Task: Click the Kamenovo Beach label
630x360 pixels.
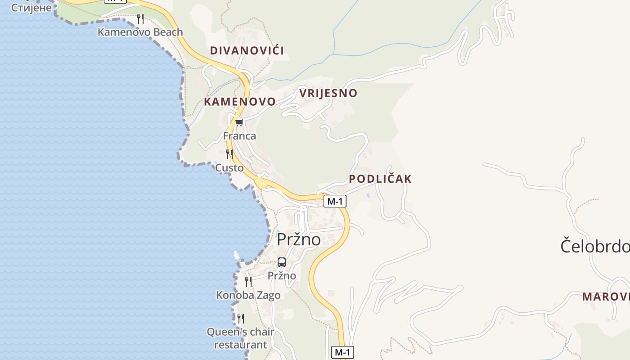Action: coord(140,32)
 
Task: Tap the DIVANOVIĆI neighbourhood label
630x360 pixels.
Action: coord(247,50)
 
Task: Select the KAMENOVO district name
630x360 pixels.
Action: coord(239,102)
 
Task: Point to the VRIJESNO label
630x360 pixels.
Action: coord(328,93)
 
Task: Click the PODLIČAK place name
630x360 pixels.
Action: coord(380,179)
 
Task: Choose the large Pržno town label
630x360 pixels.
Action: coord(298,239)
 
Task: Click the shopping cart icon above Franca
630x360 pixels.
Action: coord(239,123)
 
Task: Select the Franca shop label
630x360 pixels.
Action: coord(239,136)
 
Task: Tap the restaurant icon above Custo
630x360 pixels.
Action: coord(229,154)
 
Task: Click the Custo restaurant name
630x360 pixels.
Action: coord(229,168)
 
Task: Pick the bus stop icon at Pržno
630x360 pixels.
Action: coord(282,262)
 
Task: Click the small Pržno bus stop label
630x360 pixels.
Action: coord(282,275)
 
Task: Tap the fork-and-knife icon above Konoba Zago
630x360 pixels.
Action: coord(248,282)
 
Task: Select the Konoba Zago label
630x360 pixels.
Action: coord(248,295)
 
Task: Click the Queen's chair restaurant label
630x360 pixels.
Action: coord(241,338)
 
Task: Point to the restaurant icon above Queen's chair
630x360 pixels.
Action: coord(241,319)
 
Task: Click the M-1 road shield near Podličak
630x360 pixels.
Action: coord(335,201)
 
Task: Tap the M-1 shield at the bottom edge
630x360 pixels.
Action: coord(342,352)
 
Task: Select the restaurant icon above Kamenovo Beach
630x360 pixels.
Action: coord(140,18)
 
